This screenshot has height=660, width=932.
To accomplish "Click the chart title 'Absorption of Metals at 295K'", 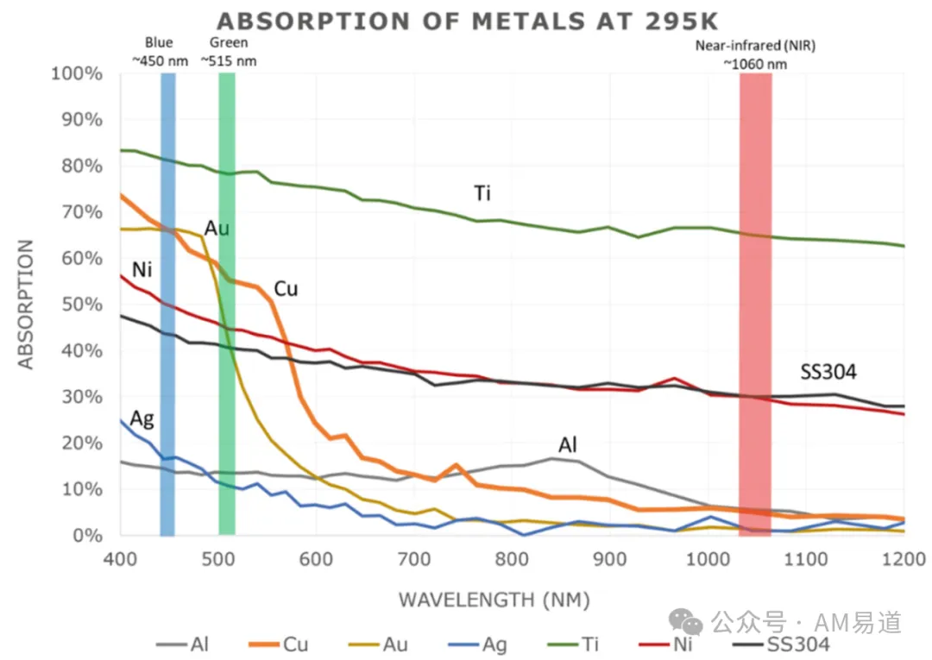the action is (x=467, y=22).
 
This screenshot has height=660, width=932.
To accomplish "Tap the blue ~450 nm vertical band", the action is (x=167, y=305).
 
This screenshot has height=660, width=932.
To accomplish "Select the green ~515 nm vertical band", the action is (x=226, y=305).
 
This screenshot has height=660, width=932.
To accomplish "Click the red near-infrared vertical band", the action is (x=755, y=305).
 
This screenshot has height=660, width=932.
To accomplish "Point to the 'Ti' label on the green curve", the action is (x=482, y=193).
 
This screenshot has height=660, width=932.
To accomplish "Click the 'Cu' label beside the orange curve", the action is (x=286, y=289).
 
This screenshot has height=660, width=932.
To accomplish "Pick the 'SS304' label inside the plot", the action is (x=828, y=372).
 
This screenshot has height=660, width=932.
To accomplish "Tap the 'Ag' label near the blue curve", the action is (x=142, y=419).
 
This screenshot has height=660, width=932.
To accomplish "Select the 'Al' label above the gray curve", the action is (x=568, y=444).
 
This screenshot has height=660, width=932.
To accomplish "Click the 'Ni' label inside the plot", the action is (x=142, y=270).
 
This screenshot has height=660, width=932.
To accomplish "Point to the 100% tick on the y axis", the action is (x=77, y=73).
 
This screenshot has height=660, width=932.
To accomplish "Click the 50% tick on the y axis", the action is (x=81, y=305).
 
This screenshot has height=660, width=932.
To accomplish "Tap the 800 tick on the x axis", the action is (x=512, y=559).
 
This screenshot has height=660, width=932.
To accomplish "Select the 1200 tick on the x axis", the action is (x=904, y=559).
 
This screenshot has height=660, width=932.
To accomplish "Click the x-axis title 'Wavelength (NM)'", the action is (x=494, y=600).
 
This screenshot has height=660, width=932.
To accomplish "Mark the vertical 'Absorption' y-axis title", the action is (x=26, y=305).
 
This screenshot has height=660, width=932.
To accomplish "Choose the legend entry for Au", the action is (x=378, y=644).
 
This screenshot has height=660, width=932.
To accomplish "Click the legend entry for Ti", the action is (x=572, y=644).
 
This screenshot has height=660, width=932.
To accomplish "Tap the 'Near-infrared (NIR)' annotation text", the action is (x=755, y=46).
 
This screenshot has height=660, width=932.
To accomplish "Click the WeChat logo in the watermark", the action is (x=685, y=621).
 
